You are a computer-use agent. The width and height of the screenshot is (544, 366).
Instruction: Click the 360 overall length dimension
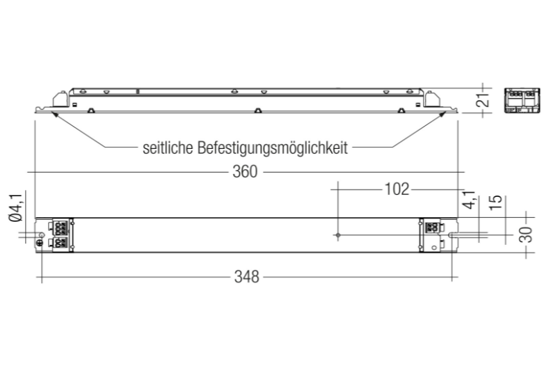point(245,172)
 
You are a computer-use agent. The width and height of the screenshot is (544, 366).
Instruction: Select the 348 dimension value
point(247,277)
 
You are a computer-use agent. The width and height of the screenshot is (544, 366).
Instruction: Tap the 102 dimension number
point(397,189)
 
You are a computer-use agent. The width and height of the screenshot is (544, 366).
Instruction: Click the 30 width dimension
point(526,234)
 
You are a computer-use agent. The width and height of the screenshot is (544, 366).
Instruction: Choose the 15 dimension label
point(496,202)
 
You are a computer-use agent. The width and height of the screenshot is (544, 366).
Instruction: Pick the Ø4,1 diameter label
point(16,208)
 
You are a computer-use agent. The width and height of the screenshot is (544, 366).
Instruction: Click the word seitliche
point(168,148)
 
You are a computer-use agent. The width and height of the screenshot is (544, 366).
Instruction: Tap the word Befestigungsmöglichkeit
point(273,148)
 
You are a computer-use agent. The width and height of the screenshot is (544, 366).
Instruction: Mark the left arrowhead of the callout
point(54,114)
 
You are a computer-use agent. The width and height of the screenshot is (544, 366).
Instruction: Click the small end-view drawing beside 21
point(522,101)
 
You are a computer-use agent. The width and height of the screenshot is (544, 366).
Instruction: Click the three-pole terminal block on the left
point(60,228)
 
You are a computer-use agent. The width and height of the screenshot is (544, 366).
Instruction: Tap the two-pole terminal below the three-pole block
point(60,243)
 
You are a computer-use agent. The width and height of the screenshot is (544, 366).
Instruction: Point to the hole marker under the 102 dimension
point(338,235)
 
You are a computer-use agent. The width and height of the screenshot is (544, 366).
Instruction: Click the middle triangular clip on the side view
point(257,111)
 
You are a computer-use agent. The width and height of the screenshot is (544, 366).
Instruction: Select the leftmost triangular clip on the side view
point(90,111)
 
